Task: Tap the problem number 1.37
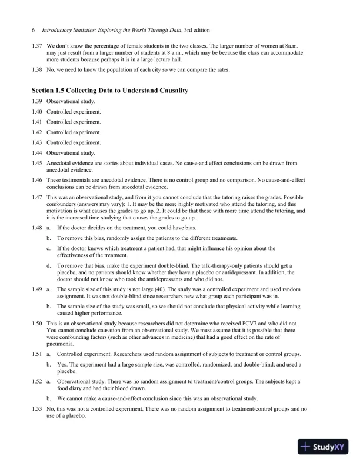[x=36, y=45]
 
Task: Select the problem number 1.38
[x=36, y=70]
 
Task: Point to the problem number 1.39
[x=36, y=102]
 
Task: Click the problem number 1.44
[x=36, y=152]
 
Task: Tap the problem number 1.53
[x=36, y=408]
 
